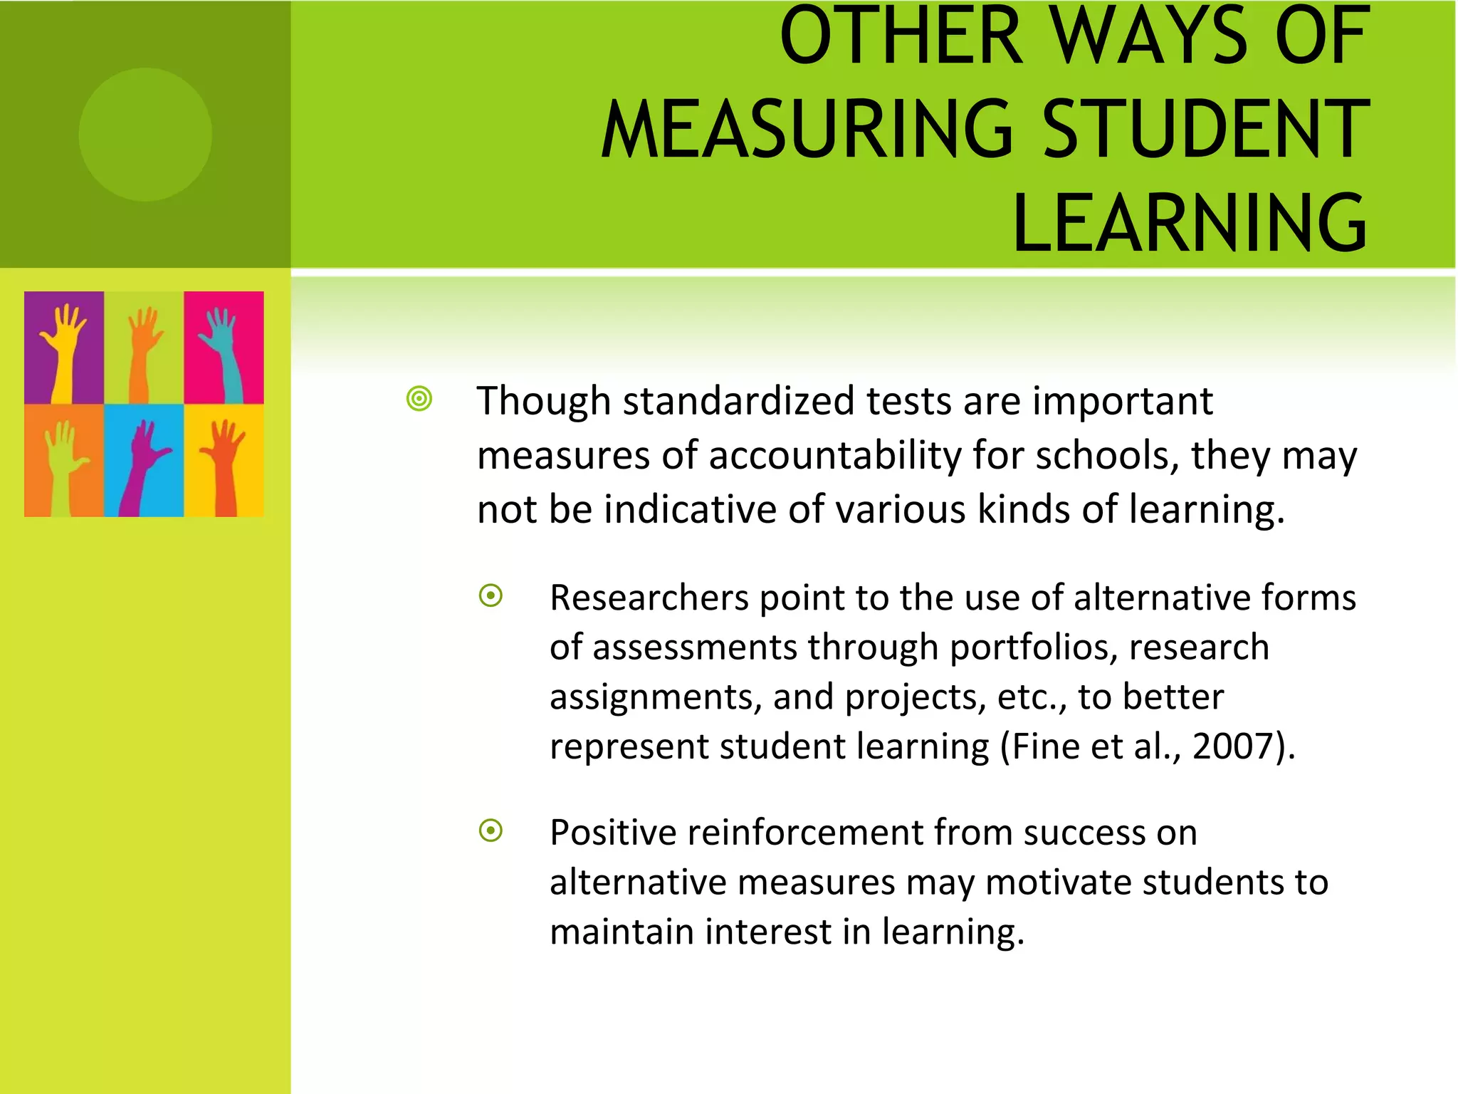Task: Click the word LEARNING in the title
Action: click(x=1190, y=222)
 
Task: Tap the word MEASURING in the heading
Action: click(x=807, y=130)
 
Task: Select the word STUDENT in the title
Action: click(x=1206, y=130)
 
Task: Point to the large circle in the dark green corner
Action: click(x=145, y=135)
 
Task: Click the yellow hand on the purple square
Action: click(x=63, y=349)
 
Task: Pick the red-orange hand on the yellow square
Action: click(x=224, y=463)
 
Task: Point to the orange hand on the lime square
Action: click(x=144, y=349)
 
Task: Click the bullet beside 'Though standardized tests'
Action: click(x=419, y=399)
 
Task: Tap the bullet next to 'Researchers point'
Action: click(x=491, y=595)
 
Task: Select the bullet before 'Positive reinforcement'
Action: click(x=491, y=830)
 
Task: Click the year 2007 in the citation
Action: click(x=1233, y=746)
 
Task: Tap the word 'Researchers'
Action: click(x=649, y=598)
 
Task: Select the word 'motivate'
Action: click(x=1059, y=882)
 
